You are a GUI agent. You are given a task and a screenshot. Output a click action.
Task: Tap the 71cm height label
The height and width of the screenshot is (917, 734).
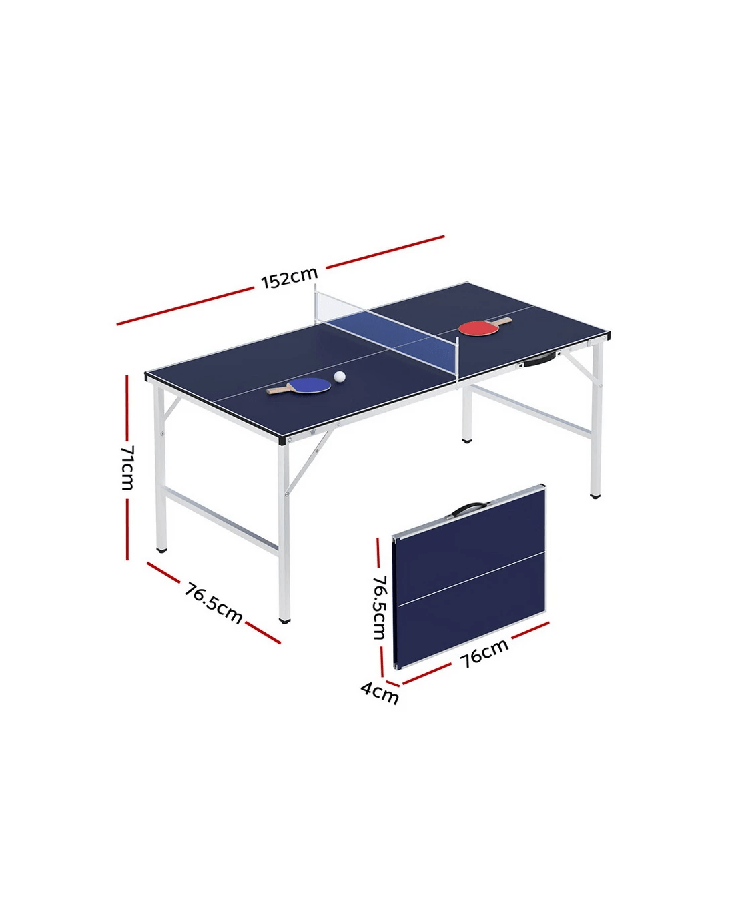point(127,468)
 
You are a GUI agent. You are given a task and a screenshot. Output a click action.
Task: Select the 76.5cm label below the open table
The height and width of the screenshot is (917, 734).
point(214,602)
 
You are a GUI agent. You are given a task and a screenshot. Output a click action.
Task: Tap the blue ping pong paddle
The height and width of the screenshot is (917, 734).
point(299,386)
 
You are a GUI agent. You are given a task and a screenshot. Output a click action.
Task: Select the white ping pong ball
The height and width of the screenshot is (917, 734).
point(340,376)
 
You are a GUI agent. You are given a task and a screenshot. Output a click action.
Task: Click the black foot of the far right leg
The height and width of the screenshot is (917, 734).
point(595,496)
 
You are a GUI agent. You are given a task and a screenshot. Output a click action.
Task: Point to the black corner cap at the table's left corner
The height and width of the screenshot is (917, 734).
point(146,376)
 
